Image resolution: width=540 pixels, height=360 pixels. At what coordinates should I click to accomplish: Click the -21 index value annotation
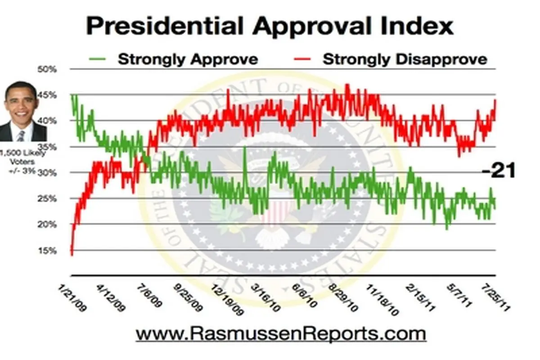point(497,171)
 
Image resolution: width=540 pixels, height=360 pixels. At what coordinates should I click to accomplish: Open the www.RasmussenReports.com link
point(280,334)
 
